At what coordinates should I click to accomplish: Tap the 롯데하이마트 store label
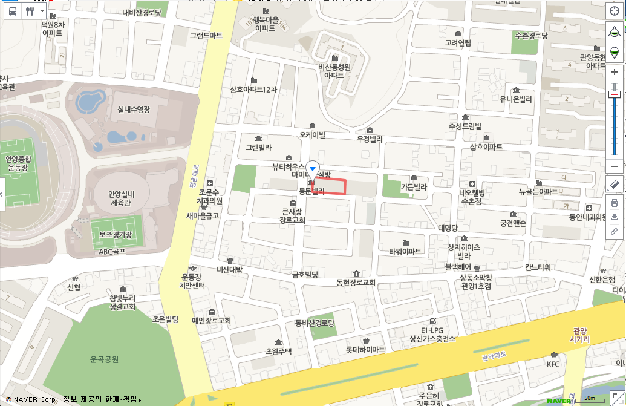click(365, 350)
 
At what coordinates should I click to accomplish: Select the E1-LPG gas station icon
click(431, 321)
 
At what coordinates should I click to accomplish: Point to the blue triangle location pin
click(312, 168)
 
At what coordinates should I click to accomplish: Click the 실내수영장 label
click(134, 110)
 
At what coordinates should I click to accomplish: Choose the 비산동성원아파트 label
click(334, 71)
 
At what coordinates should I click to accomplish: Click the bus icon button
click(13, 11)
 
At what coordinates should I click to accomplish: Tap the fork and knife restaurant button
click(30, 11)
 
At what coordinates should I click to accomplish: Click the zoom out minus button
click(615, 166)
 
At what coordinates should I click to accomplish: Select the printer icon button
click(615, 203)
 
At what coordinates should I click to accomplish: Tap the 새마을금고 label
click(202, 215)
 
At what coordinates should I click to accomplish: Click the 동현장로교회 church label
click(356, 283)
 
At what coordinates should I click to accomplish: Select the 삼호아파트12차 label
click(253, 90)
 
